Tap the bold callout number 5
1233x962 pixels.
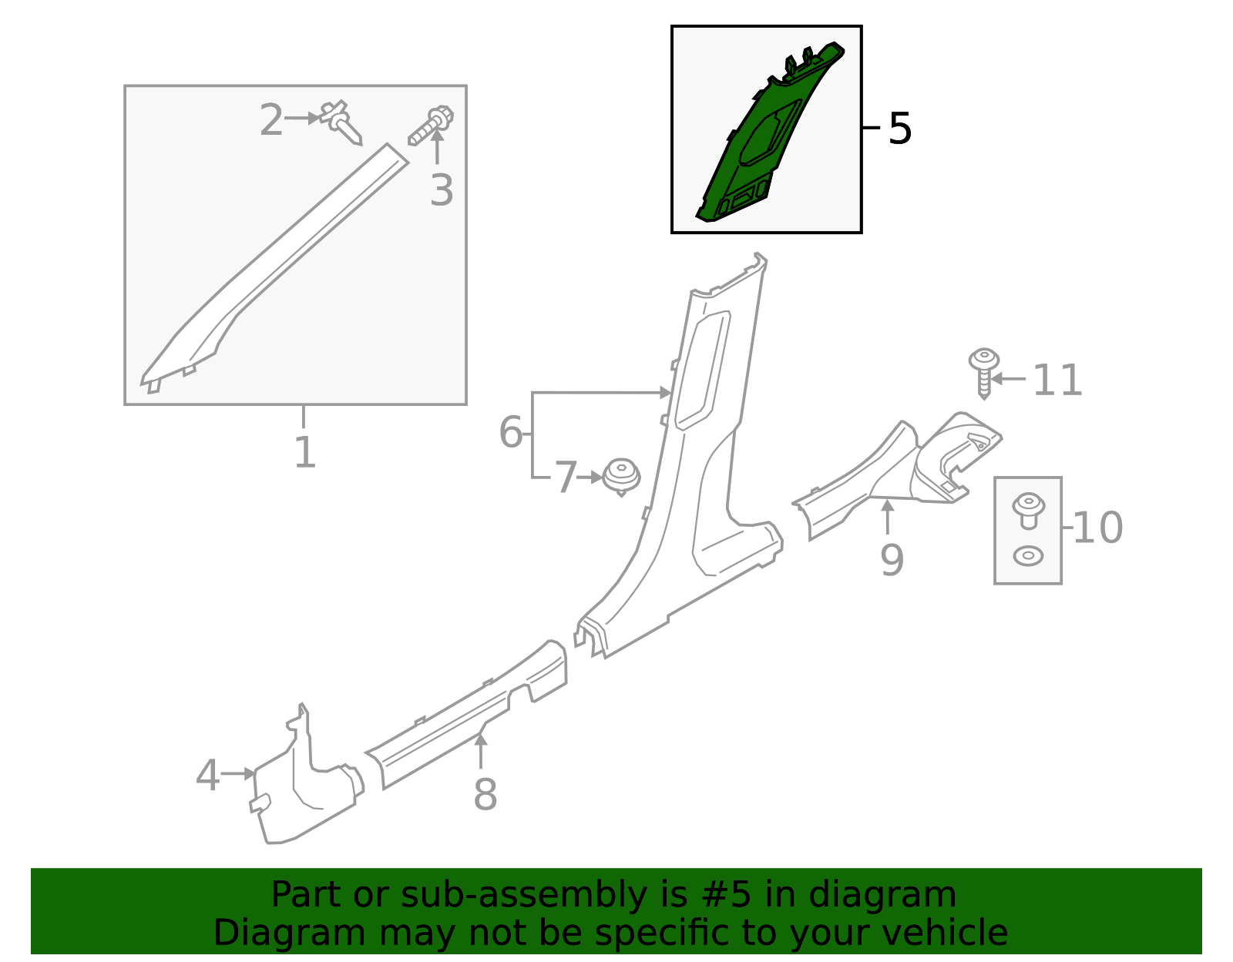click(x=899, y=129)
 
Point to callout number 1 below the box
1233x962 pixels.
click(x=304, y=452)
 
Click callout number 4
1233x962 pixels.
click(x=207, y=776)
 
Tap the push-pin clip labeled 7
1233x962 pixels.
click(x=621, y=476)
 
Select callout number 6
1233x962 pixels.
click(x=510, y=432)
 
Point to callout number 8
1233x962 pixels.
click(x=485, y=794)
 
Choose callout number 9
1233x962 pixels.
click(x=892, y=560)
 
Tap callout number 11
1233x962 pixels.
click(x=1057, y=380)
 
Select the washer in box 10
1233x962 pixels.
click(x=1028, y=555)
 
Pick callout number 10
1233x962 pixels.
click(x=1097, y=528)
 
